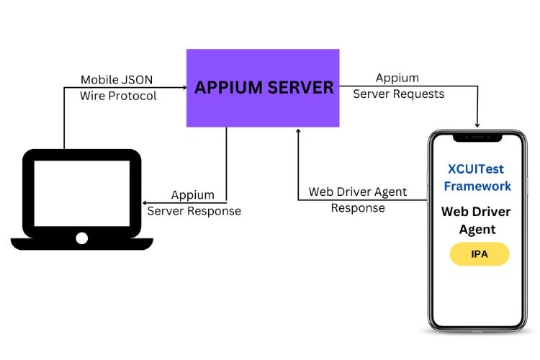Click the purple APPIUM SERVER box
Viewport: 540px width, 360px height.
click(263, 88)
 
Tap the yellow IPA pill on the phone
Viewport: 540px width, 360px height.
click(479, 254)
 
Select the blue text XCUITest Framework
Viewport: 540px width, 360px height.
click(477, 178)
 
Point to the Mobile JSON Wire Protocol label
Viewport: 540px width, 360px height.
click(118, 87)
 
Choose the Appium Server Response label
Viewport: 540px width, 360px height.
click(194, 203)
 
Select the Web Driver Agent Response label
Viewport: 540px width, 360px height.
click(358, 200)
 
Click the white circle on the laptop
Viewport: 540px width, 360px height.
click(81, 237)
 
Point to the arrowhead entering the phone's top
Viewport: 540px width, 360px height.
click(477, 125)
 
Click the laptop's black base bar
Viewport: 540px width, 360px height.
click(81, 245)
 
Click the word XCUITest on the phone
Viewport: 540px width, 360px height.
click(477, 170)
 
